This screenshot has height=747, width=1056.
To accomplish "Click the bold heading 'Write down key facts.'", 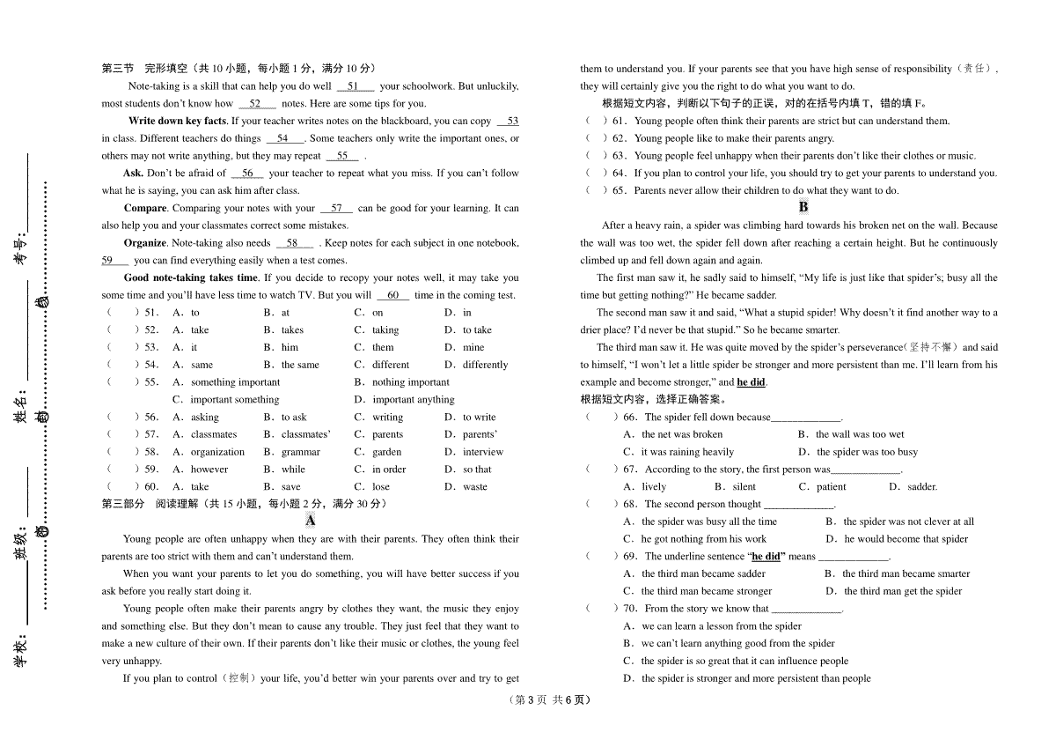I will [178, 121].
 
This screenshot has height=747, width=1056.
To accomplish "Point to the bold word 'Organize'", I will [145, 242].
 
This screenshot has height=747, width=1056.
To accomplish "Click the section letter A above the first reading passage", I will [311, 521].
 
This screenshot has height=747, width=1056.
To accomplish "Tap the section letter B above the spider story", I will [803, 207].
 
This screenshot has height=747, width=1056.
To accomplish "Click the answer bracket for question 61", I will [597, 121].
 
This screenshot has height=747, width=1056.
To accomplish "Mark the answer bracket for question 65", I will [597, 190].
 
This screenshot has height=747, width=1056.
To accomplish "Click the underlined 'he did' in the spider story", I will [751, 382].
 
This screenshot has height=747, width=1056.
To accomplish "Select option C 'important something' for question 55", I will [234, 399].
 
